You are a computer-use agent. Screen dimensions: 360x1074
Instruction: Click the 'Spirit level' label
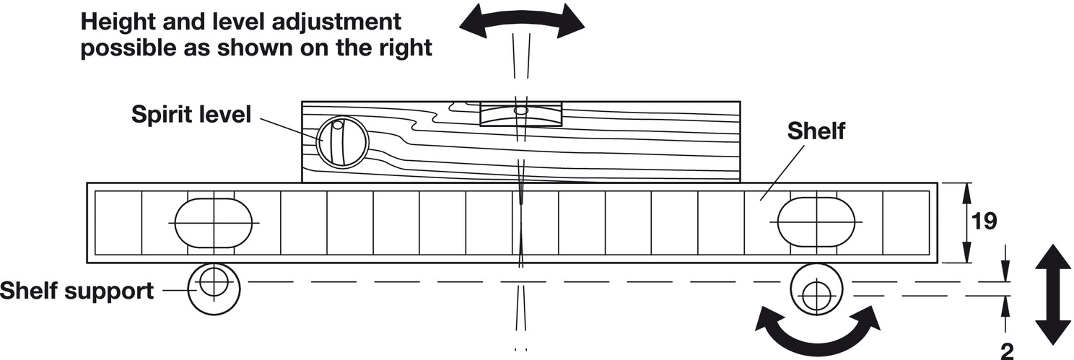click(x=191, y=114)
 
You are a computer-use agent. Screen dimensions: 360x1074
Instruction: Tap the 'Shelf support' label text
click(x=77, y=291)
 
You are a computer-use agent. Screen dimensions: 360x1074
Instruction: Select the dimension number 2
click(x=1007, y=351)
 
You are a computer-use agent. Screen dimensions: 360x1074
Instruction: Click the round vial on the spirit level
click(x=343, y=143)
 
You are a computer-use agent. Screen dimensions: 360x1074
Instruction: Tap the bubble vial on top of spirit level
click(x=520, y=113)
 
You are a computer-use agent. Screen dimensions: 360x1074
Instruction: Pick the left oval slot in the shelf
click(x=213, y=222)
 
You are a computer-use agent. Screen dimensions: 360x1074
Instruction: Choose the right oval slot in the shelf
click(x=816, y=222)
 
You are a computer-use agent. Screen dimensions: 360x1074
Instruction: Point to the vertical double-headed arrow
click(x=1052, y=295)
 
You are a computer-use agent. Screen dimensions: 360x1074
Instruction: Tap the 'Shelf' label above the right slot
click(x=816, y=132)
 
